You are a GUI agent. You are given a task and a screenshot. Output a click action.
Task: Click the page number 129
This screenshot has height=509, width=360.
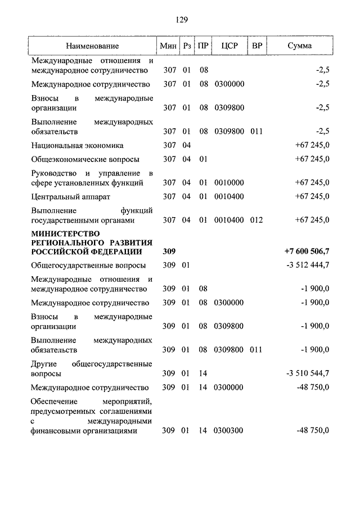181,20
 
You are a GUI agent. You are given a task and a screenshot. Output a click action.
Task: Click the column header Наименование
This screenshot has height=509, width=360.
92,46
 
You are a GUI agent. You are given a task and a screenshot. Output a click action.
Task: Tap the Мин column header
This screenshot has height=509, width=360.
168,46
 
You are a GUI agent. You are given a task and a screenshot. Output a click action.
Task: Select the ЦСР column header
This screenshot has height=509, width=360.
228,46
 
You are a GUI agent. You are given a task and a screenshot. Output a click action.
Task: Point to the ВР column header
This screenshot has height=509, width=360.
256,46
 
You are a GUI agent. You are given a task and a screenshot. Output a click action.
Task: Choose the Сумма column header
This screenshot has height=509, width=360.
299,46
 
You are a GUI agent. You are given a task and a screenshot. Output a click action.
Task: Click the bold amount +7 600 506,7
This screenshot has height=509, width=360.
307,251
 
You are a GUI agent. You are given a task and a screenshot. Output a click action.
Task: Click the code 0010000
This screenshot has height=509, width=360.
228,183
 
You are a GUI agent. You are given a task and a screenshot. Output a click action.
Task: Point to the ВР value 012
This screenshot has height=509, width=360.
256,220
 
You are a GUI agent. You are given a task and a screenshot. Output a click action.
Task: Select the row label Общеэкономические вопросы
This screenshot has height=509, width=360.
85,159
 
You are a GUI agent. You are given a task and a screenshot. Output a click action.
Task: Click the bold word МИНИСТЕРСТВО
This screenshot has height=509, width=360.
66,233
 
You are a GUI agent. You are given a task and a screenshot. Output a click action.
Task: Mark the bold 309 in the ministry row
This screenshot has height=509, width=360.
169,251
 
